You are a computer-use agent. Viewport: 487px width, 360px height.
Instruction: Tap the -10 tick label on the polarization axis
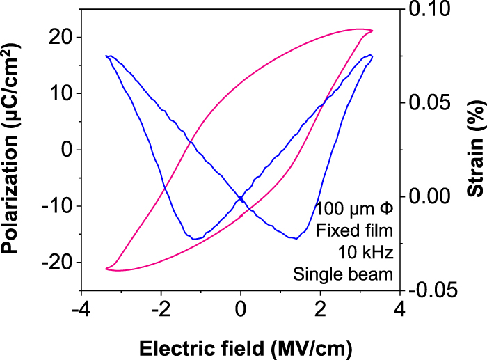tap(56, 206)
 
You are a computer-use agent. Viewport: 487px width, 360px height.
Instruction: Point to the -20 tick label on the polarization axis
tap(56, 263)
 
